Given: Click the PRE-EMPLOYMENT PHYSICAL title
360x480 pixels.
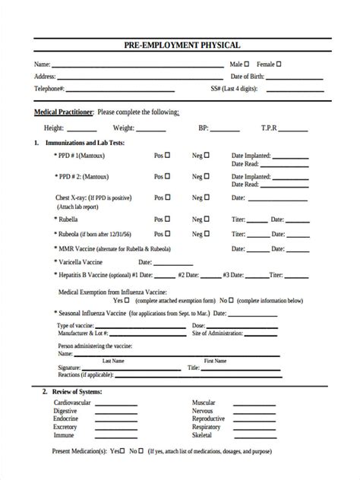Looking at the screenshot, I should pos(180,46).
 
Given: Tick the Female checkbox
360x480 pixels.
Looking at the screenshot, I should pos(280,65).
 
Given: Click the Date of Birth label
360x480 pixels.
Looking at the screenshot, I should pos(248,77).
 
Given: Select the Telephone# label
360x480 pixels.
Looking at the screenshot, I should pos(49,89).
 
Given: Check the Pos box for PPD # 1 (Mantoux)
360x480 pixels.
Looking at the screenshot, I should pos(168,155).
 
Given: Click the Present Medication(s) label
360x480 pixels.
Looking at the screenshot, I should pos(78,450).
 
